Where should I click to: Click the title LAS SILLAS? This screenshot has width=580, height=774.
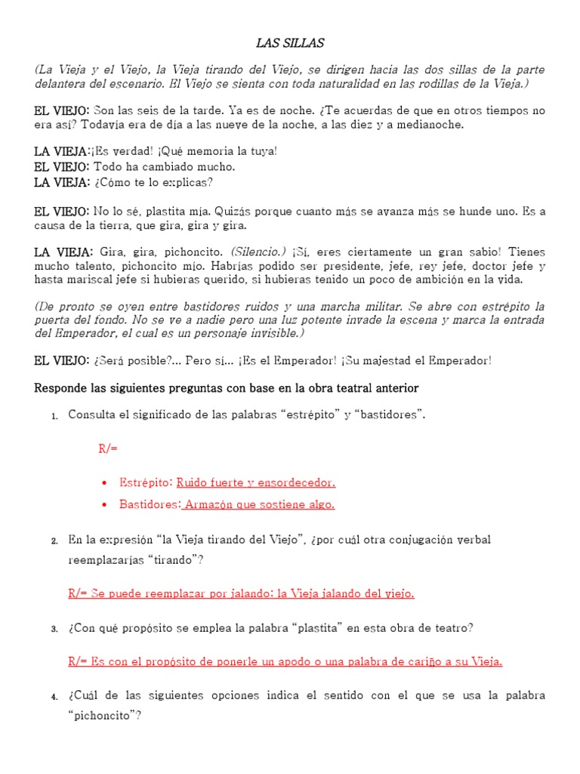(289, 43)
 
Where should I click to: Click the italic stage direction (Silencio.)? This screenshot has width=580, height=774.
(258, 252)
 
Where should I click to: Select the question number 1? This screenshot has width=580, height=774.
(54, 415)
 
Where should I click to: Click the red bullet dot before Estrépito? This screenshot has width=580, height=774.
(103, 482)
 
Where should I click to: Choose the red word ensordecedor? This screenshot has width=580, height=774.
(296, 482)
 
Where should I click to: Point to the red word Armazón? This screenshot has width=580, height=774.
(209, 504)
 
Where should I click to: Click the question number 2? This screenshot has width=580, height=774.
(54, 540)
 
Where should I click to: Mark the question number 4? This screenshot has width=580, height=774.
(54, 696)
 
